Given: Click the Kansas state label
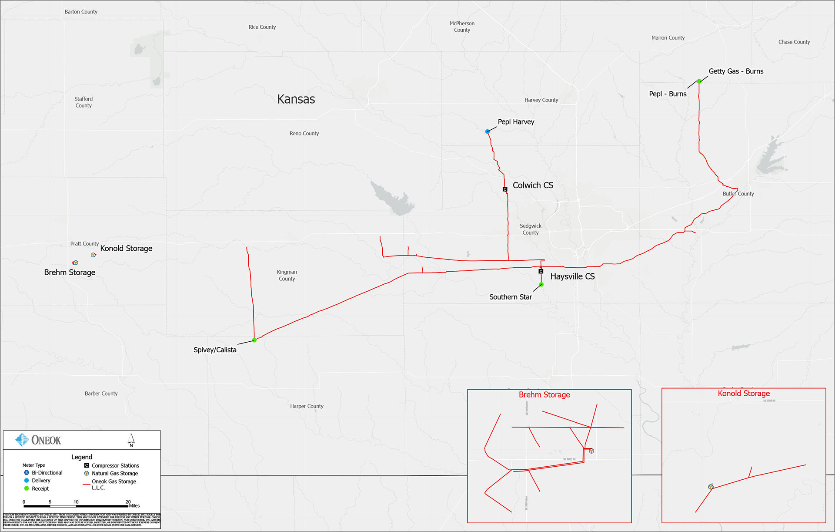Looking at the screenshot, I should [x=296, y=99].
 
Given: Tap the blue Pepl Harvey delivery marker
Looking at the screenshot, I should [x=488, y=131].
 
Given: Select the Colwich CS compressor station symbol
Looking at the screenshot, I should [x=505, y=189].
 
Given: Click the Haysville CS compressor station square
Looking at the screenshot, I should [x=541, y=271].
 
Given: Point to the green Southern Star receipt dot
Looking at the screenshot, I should [x=541, y=285].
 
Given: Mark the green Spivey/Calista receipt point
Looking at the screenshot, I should [x=254, y=340].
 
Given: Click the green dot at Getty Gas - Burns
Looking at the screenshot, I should [x=699, y=81].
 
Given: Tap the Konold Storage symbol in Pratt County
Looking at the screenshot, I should [x=93, y=255].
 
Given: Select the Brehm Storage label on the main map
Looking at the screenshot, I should [x=70, y=273].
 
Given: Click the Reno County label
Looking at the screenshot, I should [x=304, y=134].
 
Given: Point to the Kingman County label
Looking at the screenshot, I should [x=287, y=275].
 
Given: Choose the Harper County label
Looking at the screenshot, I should [x=307, y=406].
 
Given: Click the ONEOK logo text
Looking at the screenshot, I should [x=46, y=440].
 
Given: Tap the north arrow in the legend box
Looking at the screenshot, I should [x=131, y=439].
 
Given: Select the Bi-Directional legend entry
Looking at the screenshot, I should [x=47, y=473].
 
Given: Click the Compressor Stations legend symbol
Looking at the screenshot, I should [x=87, y=465].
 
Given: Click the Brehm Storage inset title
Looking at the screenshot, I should [x=544, y=395].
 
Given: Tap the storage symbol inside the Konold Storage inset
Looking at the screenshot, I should [x=711, y=487].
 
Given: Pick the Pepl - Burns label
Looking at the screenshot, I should [x=668, y=94].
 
